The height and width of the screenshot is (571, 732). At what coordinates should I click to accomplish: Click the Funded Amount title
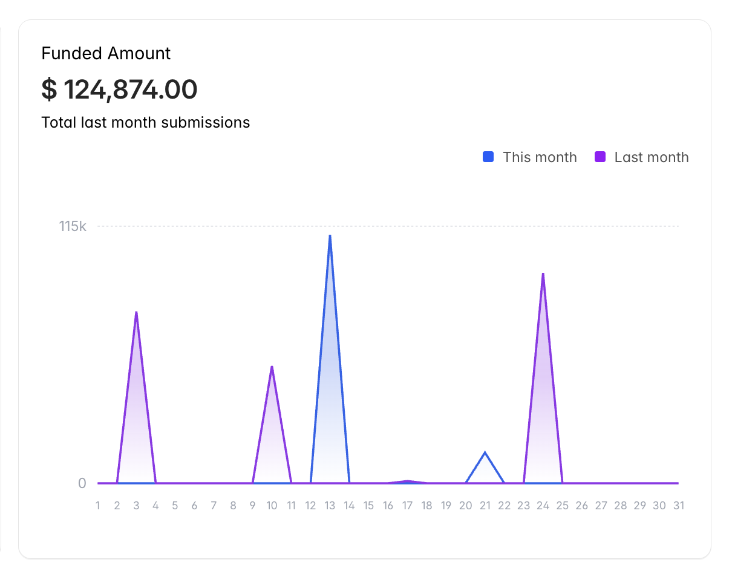point(106,53)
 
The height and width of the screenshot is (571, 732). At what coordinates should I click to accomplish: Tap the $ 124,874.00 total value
point(119,90)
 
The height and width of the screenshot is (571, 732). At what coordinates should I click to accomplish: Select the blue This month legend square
point(488,157)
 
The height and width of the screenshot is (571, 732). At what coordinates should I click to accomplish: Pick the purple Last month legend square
point(600,157)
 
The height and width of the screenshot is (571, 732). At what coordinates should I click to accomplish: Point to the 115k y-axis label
point(73,226)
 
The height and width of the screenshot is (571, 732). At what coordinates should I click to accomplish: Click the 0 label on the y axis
point(82,483)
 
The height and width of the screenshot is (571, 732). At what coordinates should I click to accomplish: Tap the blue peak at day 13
point(330,235)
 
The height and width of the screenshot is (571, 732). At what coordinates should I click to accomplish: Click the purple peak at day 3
point(137,312)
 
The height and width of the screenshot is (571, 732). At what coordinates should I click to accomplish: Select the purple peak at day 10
point(272,367)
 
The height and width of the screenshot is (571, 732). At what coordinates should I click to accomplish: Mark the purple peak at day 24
point(543,273)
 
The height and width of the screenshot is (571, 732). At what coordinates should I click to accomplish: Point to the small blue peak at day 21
point(485,452)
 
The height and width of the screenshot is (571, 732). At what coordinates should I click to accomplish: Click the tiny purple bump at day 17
point(408,481)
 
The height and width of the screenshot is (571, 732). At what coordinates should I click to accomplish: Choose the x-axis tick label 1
point(98,506)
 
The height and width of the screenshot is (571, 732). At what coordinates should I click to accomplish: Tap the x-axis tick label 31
point(679,506)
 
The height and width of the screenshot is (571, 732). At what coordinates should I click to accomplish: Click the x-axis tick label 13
point(330,506)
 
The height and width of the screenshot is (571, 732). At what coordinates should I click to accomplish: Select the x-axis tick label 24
point(543,506)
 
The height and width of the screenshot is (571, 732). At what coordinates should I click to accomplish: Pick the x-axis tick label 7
point(214,506)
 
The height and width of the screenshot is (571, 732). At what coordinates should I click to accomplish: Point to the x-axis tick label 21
point(485,506)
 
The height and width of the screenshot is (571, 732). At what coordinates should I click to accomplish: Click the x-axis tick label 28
point(621,506)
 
